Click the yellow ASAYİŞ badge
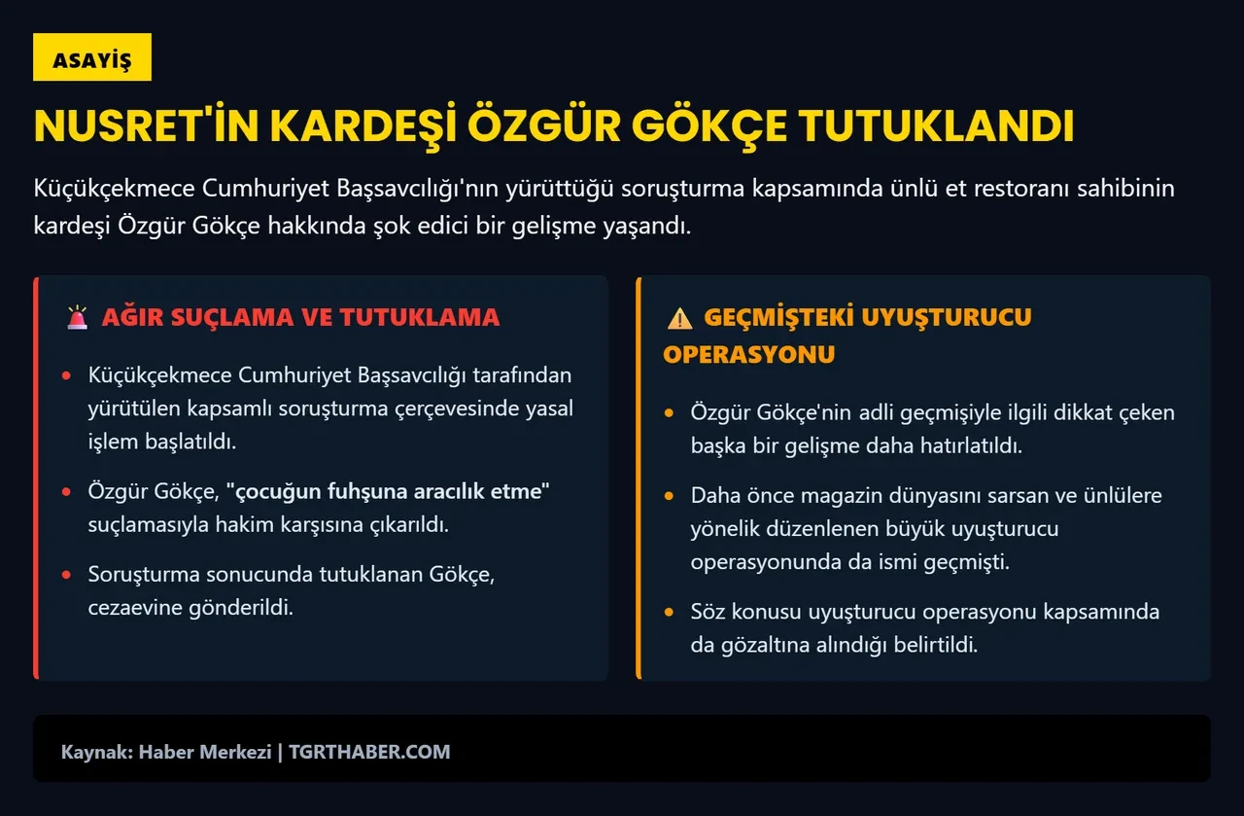tap(92, 58)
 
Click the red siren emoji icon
tap(77, 318)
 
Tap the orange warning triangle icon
tap(679, 318)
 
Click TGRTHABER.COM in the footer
tap(369, 752)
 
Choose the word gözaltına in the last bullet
tap(769, 645)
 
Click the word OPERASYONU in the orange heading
tap(748, 354)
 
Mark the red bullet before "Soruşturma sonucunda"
tap(66, 575)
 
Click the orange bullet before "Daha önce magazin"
tap(669, 496)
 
